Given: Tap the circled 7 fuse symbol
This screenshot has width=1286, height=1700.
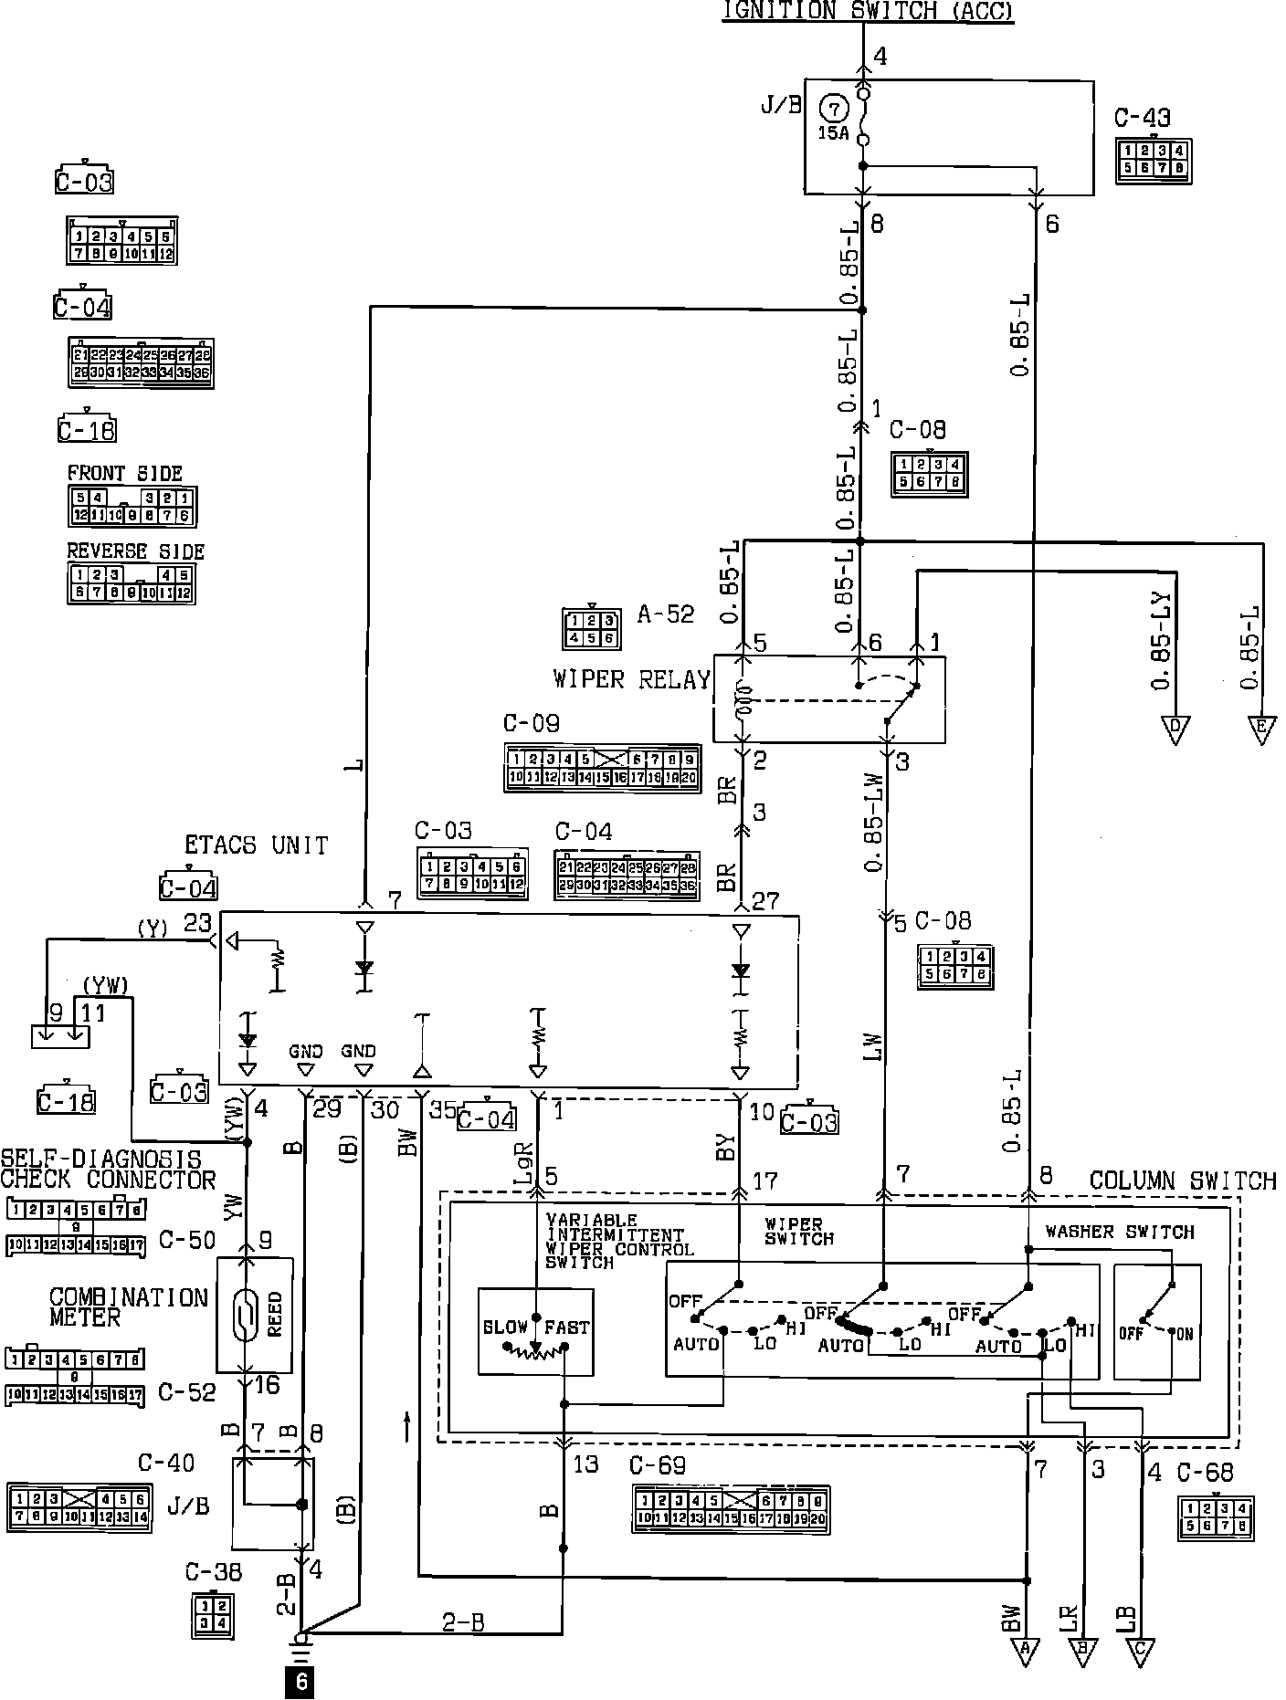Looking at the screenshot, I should click(833, 109).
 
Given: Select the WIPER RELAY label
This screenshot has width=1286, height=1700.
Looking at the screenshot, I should click(631, 679).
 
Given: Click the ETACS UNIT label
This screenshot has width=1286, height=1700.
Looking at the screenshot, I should click(256, 845).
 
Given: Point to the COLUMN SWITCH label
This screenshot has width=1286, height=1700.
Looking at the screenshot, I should click(1182, 1181).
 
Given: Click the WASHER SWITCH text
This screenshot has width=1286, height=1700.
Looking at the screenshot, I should click(1119, 1232).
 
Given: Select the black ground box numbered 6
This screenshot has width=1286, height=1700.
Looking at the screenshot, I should click(299, 1683).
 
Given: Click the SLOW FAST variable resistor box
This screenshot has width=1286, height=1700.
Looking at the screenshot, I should click(535, 1331).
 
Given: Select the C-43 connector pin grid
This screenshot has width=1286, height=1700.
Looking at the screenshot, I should click(1153, 161).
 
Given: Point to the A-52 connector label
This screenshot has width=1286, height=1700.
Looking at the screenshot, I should click(665, 614).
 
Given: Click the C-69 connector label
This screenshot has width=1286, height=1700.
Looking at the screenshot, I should click(657, 1465).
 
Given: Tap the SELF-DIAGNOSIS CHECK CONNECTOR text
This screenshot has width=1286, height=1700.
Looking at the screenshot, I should click(108, 1170).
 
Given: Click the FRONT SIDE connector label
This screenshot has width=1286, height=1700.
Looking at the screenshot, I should click(124, 473).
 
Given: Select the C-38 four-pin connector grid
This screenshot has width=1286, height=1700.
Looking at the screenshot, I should click(213, 1615).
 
